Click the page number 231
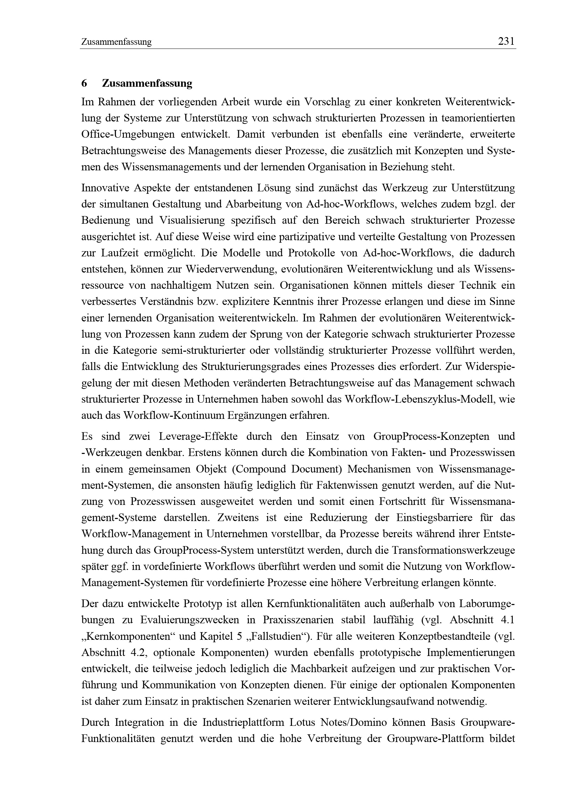[x=506, y=42]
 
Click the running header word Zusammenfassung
[x=116, y=42]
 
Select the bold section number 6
[x=84, y=84]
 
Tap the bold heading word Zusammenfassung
[x=147, y=84]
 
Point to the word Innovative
[x=104, y=188]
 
